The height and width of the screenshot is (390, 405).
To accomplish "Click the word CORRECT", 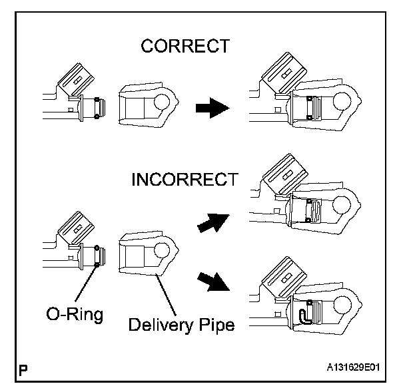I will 185,46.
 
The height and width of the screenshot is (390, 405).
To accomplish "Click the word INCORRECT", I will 184,180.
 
